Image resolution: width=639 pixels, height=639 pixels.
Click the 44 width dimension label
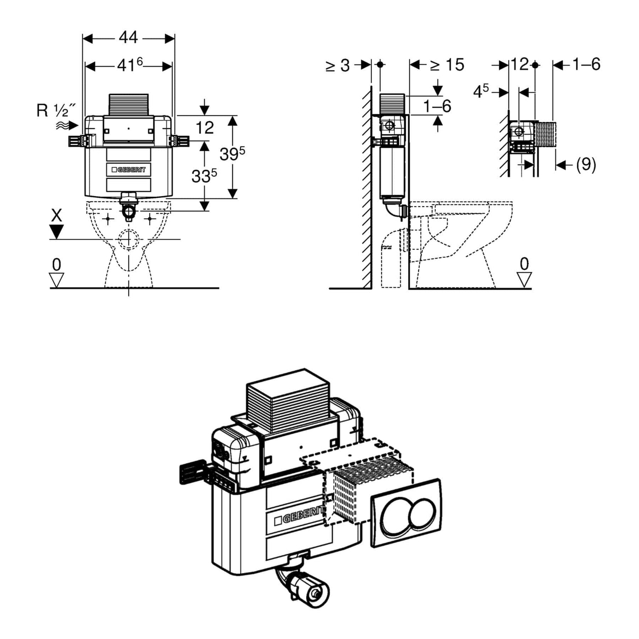pos(128,37)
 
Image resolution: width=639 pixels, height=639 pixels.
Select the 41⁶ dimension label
pos(130,65)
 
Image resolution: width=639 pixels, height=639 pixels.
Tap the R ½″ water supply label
pos(56,111)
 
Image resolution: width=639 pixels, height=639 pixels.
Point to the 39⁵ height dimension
pos(232,153)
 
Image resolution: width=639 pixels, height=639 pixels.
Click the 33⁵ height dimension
pos(204,175)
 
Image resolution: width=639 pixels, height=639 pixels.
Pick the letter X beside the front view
pos(56,216)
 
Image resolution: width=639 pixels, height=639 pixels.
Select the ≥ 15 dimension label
pos(447,65)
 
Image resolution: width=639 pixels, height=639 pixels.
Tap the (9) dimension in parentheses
pos(586,164)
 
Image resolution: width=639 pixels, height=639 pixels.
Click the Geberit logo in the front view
pos(128,170)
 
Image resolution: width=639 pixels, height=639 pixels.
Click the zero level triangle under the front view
pos(56,280)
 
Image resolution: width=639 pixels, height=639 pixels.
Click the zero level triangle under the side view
pos(524,280)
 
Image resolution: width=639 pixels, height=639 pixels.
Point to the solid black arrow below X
pos(56,232)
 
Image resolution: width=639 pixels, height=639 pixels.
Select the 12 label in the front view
pos(204,127)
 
